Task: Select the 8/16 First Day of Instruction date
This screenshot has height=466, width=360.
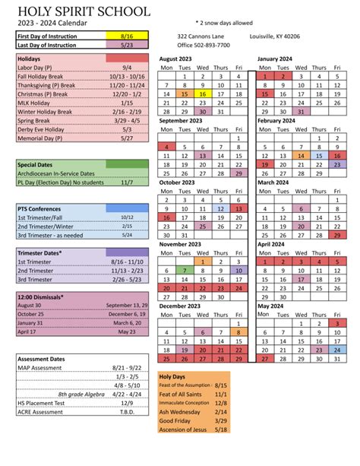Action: (x=126, y=36)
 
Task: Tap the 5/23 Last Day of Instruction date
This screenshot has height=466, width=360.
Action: (x=126, y=45)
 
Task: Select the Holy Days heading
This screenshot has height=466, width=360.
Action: (x=173, y=376)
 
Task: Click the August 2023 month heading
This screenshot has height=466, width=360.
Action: (x=180, y=58)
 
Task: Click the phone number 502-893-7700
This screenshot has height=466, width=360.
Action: (x=204, y=45)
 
